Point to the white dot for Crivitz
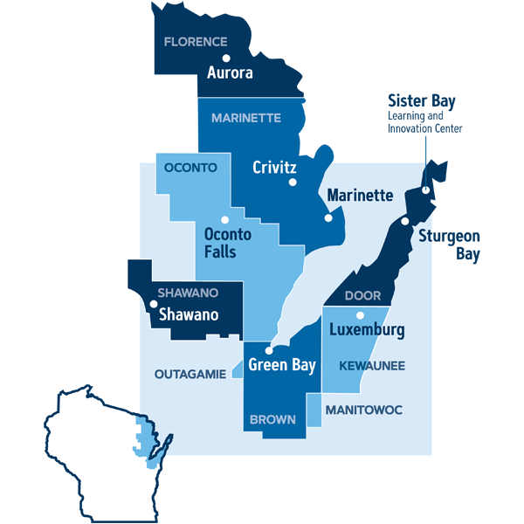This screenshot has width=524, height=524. coord(293,183)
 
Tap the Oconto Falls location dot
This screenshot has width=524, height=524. coord(224,219)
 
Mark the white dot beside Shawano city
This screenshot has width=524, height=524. coord(154,305)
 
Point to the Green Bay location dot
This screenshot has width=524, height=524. coord(268,350)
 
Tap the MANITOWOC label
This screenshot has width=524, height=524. coord(363,409)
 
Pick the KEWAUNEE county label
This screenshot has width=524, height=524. coord(371,365)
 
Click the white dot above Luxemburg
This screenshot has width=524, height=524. coord(359,315)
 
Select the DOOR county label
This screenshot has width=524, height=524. coord(362,296)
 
